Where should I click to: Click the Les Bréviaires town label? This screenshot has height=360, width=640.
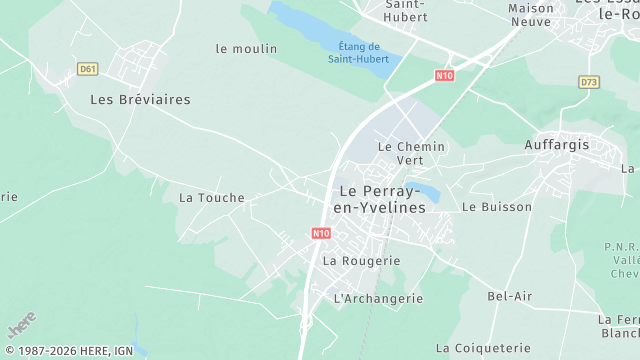coord(140,100)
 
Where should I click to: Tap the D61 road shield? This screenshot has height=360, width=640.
coord(87,68)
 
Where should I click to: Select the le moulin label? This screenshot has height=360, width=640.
coord(247,49)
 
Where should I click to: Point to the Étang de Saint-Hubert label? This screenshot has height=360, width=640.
coord(360,52)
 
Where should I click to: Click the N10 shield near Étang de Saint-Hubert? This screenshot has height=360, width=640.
coord(445,75)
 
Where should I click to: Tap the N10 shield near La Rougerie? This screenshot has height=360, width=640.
coord(320,234)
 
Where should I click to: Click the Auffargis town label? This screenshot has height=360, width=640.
coord(558,145)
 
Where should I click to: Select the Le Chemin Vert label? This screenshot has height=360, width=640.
coord(411,153)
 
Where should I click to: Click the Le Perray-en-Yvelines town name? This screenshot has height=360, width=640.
coord(383,199)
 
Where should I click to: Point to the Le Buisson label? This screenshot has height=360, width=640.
coord(497,208)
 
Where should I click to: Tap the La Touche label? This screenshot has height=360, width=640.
coord(212,198)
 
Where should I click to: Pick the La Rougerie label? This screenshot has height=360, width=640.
coord(361,261)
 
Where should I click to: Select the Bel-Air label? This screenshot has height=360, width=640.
coord(510,297)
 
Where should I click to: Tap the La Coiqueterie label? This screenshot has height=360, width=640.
coord(483,348)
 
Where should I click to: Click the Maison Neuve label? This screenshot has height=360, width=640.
coord(531,14)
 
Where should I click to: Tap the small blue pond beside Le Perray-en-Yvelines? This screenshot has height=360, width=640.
coord(427,190)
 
